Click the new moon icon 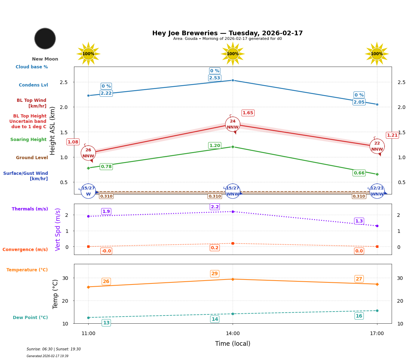(45, 38)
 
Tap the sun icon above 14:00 (233, 54)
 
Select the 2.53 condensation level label (214, 78)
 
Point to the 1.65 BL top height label (248, 113)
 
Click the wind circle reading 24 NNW (233, 124)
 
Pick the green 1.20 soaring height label (214, 146)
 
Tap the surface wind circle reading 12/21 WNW (377, 191)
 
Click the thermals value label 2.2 (214, 207)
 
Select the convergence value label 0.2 (214, 248)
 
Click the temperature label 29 (214, 274)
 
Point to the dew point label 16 (359, 316)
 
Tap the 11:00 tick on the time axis (88, 334)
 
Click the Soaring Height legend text (28, 140)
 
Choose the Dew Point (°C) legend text (30, 318)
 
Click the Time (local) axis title (233, 344)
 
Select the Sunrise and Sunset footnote (54, 349)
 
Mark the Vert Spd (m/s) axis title (58, 229)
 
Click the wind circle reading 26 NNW (88, 153)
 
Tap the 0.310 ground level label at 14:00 (214, 196)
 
